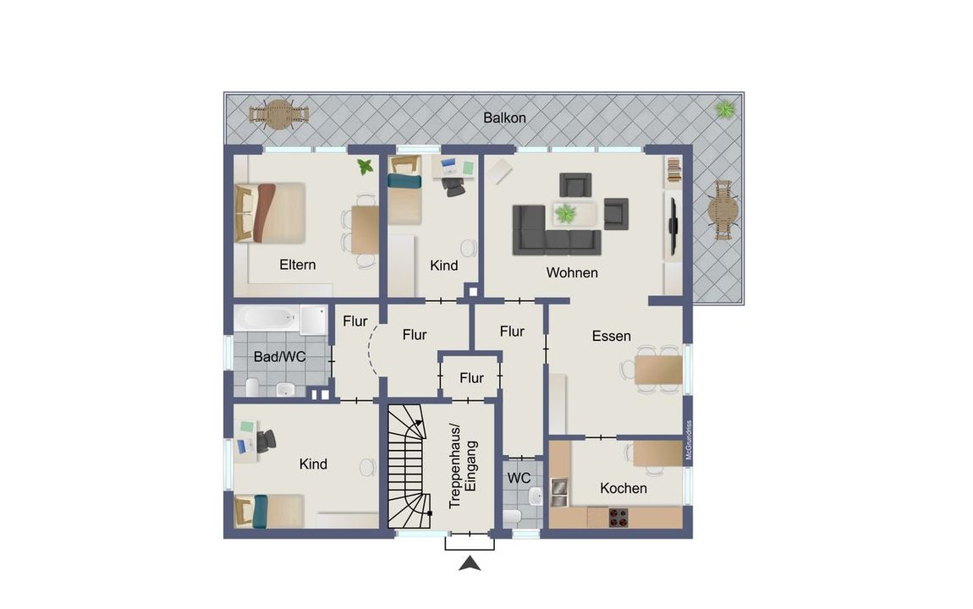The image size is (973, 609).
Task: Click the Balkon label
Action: [x=504, y=118]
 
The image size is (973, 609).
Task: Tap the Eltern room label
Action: [x=297, y=265]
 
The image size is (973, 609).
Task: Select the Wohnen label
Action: [x=571, y=273]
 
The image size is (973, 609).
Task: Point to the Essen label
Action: [x=611, y=336]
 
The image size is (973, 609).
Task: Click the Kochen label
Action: [x=623, y=489]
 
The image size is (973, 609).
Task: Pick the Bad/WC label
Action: [x=279, y=357]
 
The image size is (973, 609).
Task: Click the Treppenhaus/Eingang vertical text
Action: [x=463, y=466]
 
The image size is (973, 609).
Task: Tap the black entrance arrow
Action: [x=470, y=563]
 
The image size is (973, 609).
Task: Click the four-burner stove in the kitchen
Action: [x=618, y=518]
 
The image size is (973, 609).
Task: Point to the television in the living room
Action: [x=673, y=225]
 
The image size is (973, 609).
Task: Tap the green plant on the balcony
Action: [x=725, y=110]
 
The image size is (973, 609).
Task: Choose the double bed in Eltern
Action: [x=270, y=212]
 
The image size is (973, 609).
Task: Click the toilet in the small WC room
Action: [x=513, y=516]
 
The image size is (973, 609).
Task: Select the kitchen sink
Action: [x=558, y=492]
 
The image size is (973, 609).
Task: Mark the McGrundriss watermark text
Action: [x=688, y=441]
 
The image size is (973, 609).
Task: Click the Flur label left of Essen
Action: [x=512, y=332]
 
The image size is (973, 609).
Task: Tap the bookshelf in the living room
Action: [x=673, y=171]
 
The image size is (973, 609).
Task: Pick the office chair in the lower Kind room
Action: [x=267, y=441]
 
